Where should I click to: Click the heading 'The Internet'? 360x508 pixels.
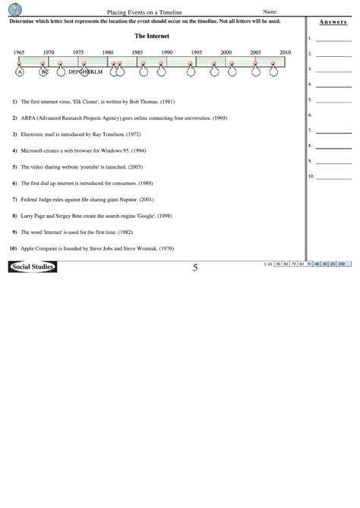click(x=151, y=36)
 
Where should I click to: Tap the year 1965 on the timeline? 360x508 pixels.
click(x=18, y=52)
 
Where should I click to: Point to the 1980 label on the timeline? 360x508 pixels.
click(x=108, y=52)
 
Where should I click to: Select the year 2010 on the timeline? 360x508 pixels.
click(x=285, y=52)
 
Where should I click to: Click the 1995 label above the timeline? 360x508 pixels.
click(x=197, y=52)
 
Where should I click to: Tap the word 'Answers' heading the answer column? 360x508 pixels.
click(x=333, y=23)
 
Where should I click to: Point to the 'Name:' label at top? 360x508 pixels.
click(x=270, y=12)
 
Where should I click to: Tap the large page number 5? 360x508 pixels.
click(x=195, y=267)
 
